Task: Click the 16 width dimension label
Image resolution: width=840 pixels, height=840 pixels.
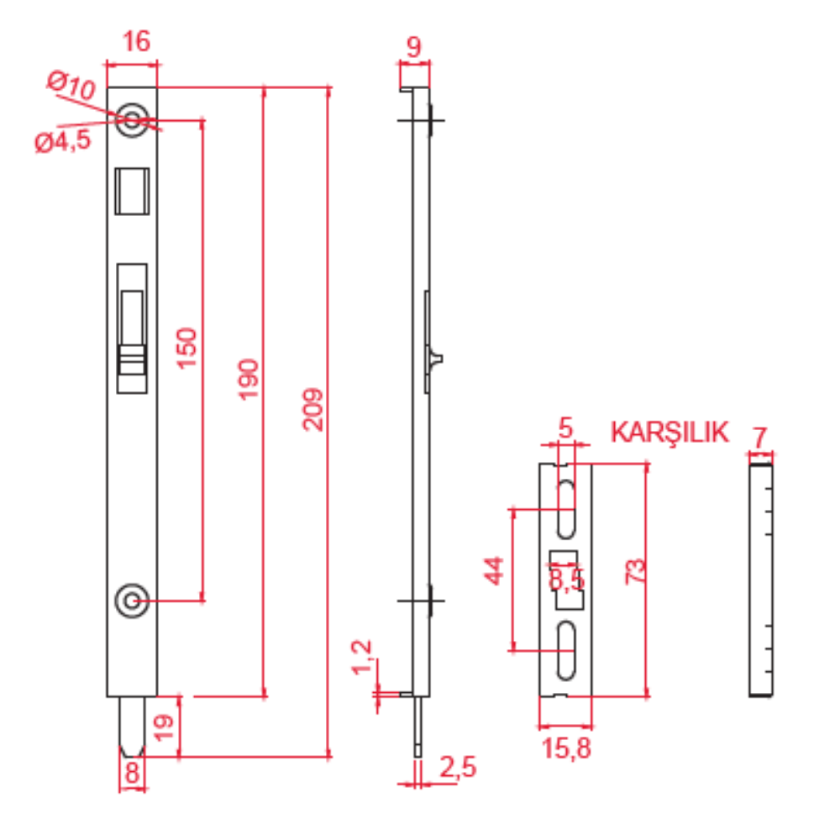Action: point(136,41)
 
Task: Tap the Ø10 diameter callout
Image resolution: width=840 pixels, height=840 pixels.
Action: point(71,84)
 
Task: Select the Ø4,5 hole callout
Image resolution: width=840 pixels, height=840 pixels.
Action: point(63,142)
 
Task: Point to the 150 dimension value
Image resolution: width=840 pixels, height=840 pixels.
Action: point(186,349)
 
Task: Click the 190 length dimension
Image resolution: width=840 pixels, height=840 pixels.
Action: point(248,380)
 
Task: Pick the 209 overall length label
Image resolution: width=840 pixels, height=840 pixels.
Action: point(312,410)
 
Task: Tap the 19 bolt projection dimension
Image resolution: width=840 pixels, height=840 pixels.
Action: point(164,727)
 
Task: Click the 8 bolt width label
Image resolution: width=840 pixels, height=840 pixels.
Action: point(132,773)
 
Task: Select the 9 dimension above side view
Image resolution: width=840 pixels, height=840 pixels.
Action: point(413,46)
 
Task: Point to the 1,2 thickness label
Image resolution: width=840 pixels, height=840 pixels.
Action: point(361,657)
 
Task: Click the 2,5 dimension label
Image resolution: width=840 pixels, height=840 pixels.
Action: point(458,767)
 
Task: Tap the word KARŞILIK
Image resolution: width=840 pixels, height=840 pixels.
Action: point(669,433)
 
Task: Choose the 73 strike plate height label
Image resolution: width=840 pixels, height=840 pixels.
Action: point(635,571)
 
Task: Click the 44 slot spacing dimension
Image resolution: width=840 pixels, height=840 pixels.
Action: point(493,570)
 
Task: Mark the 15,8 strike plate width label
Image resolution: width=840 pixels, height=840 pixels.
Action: point(565,748)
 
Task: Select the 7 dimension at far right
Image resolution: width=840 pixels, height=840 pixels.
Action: point(759,438)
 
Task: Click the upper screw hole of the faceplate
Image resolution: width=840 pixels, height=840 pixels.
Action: point(132,120)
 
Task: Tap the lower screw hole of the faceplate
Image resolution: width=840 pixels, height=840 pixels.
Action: point(132,601)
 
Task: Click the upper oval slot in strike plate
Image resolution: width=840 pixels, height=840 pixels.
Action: point(565,509)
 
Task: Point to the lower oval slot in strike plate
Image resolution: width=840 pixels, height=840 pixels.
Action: point(565,650)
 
